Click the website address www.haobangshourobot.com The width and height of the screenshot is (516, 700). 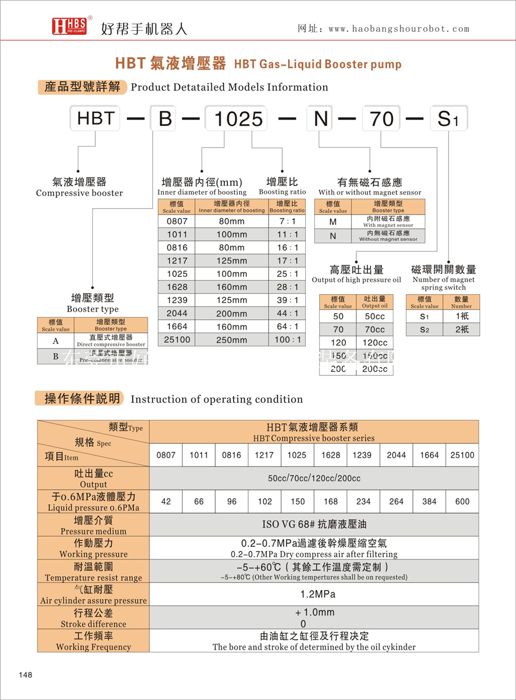click(399, 29)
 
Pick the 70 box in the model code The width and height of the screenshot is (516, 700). click(381, 118)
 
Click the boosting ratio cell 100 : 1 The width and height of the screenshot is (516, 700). click(287, 339)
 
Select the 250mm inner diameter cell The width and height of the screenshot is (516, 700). click(232, 339)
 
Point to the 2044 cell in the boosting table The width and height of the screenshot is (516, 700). click(177, 313)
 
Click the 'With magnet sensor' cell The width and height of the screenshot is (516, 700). click(388, 222)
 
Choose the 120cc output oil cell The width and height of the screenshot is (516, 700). click(374, 343)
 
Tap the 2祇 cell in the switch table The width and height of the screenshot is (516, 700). click(462, 329)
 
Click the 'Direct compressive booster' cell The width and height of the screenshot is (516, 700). click(111, 341)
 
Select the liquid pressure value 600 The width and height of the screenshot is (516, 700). click(462, 502)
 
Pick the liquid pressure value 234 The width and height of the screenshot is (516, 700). click(363, 502)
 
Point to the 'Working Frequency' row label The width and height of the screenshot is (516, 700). click(93, 641)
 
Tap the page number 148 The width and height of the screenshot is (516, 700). click(26, 675)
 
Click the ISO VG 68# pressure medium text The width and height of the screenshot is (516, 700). click(314, 525)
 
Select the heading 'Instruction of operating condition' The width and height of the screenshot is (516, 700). click(216, 399)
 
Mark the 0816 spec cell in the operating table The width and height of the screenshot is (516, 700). click(232, 455)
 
